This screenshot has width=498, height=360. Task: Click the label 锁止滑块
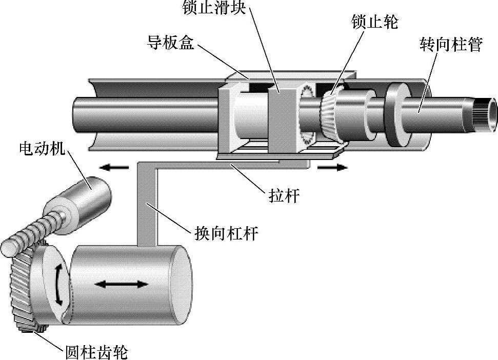(x=214, y=7)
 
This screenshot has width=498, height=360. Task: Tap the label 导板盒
(x=171, y=42)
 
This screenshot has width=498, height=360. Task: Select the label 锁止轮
(x=375, y=22)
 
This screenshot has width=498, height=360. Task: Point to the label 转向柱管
(x=451, y=44)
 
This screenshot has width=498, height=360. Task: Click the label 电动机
(x=42, y=149)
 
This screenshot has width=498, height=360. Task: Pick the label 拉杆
(x=284, y=195)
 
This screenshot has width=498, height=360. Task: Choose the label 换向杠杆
(x=226, y=234)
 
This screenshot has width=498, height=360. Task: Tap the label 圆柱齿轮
(x=96, y=352)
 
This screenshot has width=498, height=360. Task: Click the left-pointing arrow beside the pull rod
(x=115, y=167)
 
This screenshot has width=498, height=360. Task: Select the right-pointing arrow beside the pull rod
(x=332, y=167)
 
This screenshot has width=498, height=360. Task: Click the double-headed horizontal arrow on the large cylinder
(x=122, y=284)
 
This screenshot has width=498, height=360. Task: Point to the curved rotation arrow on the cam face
(x=58, y=285)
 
